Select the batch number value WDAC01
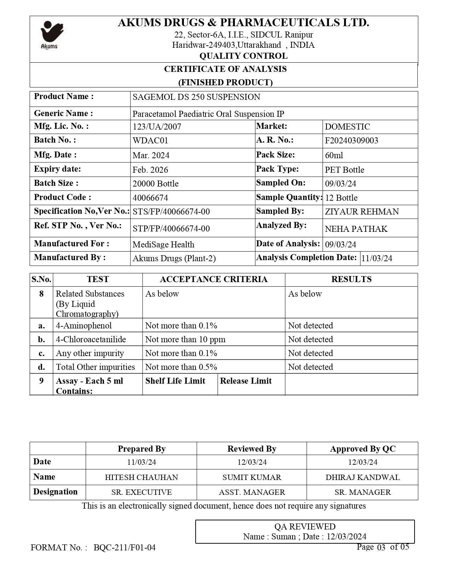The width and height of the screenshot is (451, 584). click(150, 141)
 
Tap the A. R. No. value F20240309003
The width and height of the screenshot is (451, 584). click(351, 141)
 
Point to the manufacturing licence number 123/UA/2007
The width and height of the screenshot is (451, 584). click(157, 127)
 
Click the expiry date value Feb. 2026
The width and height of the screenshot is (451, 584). click(150, 170)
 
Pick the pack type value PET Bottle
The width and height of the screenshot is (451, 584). click(345, 170)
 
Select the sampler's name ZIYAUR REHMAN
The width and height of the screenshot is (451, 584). click(362, 212)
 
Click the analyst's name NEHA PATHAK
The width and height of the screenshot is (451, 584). click(356, 229)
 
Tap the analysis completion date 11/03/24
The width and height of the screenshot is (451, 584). click(377, 258)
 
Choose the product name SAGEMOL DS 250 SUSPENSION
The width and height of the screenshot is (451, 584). click(196, 97)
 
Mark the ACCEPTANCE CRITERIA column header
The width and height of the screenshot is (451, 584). click(214, 279)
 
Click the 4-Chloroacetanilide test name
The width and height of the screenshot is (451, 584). click(91, 339)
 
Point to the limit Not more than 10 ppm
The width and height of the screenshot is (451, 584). click(185, 339)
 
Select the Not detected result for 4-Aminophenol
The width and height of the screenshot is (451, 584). click(311, 326)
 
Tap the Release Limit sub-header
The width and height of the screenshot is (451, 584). click(246, 381)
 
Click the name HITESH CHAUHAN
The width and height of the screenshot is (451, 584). click(141, 477)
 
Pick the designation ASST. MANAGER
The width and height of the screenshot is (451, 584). click(252, 492)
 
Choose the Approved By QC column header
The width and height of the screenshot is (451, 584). click(363, 449)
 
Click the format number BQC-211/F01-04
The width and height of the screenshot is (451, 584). click(125, 548)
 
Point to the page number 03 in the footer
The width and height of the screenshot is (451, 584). click(381, 548)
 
